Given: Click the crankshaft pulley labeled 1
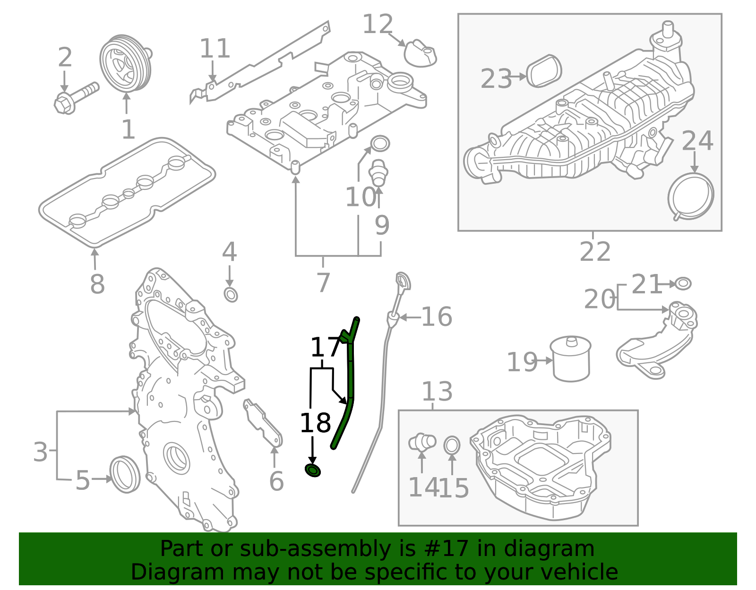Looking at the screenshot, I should click(x=125, y=63).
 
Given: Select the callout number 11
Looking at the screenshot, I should click(x=215, y=48).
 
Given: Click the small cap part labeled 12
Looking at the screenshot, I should click(x=420, y=53).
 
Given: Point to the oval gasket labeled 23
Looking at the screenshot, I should click(x=543, y=71).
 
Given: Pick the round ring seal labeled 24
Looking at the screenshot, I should click(x=691, y=196).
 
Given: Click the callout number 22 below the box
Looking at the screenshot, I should click(x=594, y=251).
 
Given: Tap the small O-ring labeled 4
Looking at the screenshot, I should click(x=231, y=295).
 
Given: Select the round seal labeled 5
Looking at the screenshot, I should click(x=125, y=474).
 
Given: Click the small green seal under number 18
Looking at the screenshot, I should click(x=312, y=470).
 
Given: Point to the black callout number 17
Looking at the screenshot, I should click(x=324, y=347).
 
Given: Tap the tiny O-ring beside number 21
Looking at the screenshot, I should click(x=683, y=283).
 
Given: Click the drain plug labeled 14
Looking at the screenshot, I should click(x=421, y=442).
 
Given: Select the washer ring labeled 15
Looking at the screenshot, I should click(x=452, y=445).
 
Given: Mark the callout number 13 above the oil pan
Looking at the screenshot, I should click(x=437, y=392).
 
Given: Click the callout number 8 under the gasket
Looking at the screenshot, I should click(x=97, y=284).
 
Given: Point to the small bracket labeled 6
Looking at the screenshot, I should click(x=263, y=423).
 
